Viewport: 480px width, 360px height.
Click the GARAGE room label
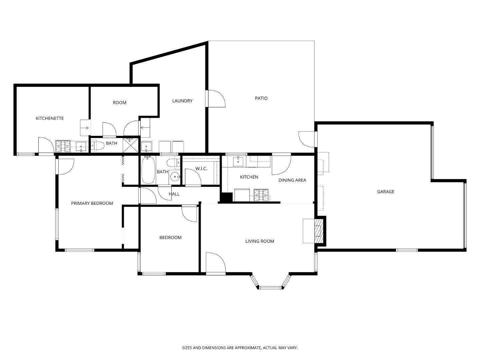click(385, 192)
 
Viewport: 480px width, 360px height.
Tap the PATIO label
click(261, 98)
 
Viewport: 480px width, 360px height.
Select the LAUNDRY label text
click(182, 101)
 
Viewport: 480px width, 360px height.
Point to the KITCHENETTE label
click(50, 118)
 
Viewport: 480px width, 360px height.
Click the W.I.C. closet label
click(201, 169)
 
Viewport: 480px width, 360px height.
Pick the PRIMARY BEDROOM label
click(92, 203)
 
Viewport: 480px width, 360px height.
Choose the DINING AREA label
click(292, 180)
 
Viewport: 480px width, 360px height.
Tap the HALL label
click(174, 194)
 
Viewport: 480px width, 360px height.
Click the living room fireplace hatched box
click(319, 230)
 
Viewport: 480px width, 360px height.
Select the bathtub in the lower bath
click(148, 170)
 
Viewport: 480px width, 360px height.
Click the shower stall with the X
click(130, 145)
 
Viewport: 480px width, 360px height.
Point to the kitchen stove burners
click(261, 195)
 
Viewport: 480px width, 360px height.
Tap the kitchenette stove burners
click(63, 146)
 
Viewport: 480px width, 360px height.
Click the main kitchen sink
click(238, 161)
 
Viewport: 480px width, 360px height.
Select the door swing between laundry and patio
click(216, 99)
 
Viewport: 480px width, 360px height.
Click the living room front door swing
click(215, 263)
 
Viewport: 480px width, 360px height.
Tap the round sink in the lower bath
click(174, 177)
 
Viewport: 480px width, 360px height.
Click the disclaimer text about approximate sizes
click(240, 348)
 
